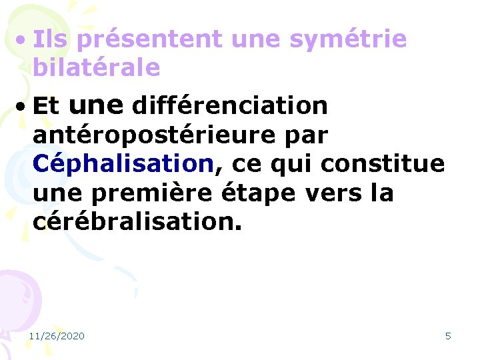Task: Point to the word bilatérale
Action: (96, 67)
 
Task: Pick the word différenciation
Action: (230, 105)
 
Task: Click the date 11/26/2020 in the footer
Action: (57, 336)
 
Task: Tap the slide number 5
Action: (448, 336)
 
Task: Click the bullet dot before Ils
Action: (22, 40)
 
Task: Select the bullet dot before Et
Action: (22, 106)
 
